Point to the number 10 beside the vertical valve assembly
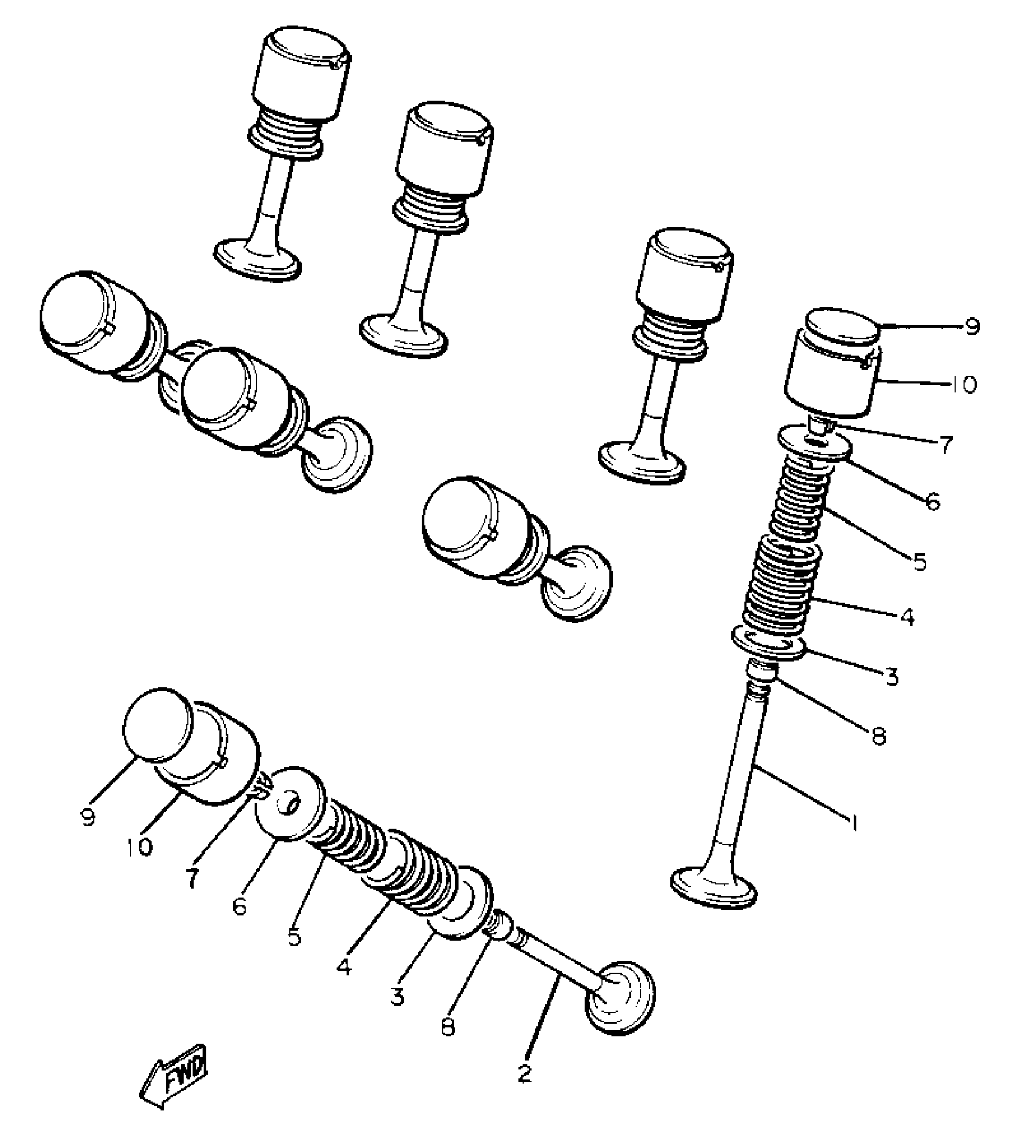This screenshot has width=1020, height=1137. coord(964,385)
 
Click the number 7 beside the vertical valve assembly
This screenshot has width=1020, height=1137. coord(946,445)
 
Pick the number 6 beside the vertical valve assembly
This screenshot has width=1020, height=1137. coord(932,502)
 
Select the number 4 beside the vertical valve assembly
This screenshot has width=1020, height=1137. coord(907,617)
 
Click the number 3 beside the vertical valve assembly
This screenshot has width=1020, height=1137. coord(892,677)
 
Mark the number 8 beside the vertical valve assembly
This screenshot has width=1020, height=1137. coord(879,736)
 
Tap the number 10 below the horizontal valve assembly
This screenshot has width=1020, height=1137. coord(140,847)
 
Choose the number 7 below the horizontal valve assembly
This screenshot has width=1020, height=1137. coord(191,879)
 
